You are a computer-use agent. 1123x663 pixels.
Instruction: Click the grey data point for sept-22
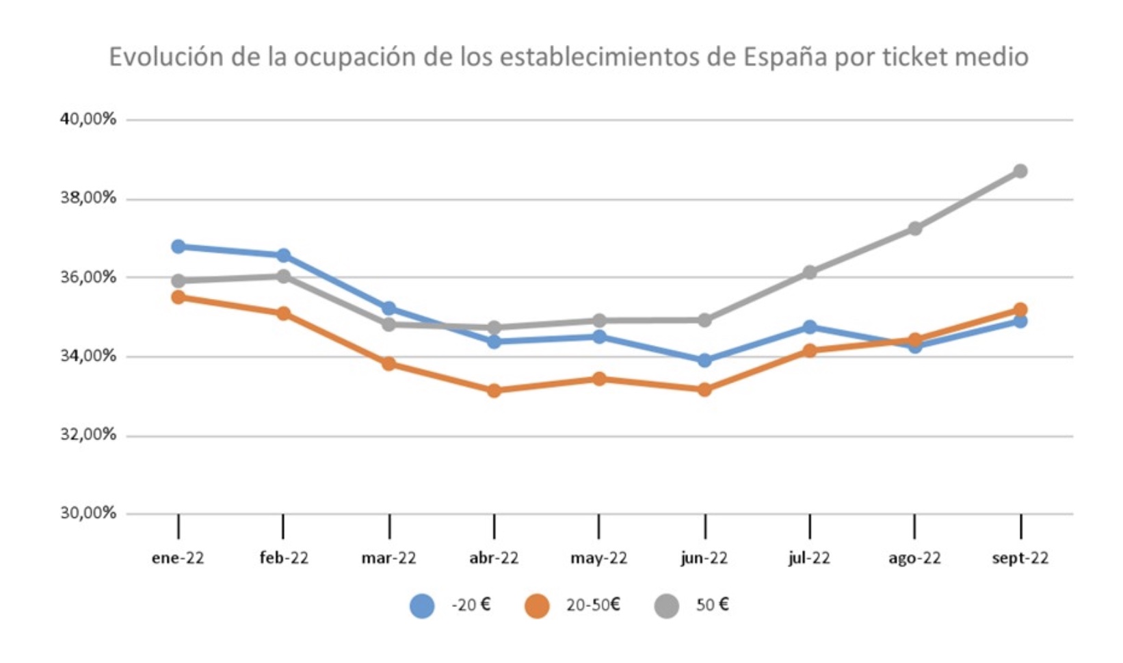click(x=1020, y=171)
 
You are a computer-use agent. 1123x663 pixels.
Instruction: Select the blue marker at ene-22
click(x=179, y=246)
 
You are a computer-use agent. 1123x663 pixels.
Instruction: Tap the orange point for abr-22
click(x=494, y=391)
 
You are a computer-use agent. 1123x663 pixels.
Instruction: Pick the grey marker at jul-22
click(x=810, y=272)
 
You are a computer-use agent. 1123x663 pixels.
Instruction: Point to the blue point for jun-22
click(x=704, y=360)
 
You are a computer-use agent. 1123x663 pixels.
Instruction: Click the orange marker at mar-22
click(x=388, y=363)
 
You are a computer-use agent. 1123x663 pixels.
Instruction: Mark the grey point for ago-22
click(x=914, y=229)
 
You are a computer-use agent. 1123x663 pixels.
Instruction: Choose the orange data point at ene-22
click(x=179, y=297)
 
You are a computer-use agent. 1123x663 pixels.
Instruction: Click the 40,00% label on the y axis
click(x=88, y=119)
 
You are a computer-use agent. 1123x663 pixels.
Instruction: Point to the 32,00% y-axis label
click(x=88, y=434)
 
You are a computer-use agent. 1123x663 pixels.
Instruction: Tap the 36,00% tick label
click(x=88, y=277)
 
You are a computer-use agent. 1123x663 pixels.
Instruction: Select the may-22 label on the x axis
click(x=598, y=558)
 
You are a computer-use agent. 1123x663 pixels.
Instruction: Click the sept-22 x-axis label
click(x=1020, y=558)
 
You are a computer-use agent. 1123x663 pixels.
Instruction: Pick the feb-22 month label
click(x=284, y=558)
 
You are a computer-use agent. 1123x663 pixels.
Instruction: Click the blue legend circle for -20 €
click(x=422, y=606)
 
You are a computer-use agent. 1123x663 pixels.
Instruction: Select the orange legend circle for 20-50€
click(x=537, y=606)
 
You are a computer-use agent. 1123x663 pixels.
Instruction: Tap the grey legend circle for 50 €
click(x=666, y=606)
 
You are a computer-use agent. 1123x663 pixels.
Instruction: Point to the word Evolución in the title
click(x=166, y=57)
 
